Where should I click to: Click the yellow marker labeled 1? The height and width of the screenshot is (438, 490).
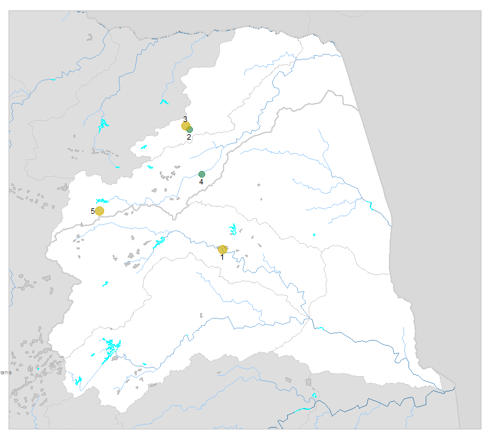(222, 249)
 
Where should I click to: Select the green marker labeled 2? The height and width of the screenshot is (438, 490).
(190, 129)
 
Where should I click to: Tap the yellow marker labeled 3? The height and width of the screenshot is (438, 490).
(186, 126)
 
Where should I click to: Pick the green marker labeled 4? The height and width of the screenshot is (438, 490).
(202, 174)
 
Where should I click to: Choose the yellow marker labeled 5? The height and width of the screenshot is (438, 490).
(100, 211)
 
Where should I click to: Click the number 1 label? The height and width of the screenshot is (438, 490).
(222, 257)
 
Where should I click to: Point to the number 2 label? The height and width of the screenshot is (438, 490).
(189, 137)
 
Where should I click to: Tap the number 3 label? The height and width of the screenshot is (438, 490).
(185, 118)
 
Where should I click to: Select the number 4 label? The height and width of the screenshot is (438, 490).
(201, 182)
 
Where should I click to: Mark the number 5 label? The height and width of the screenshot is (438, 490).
(93, 211)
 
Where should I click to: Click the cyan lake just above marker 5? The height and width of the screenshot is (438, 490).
(102, 200)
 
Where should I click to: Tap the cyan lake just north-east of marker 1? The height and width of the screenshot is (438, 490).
(233, 230)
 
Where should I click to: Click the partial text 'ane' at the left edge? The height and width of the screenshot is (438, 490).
(6, 372)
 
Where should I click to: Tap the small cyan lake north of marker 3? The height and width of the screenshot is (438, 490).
(164, 102)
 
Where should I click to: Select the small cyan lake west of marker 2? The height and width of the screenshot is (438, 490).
(144, 146)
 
